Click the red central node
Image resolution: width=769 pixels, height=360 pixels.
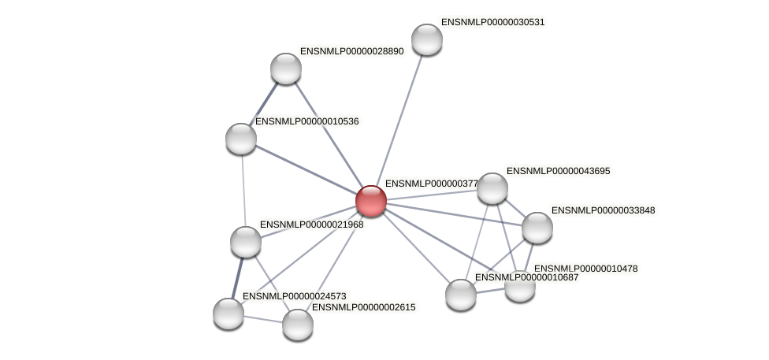pos(370,200)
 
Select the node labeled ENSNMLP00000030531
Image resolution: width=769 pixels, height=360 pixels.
pos(427,39)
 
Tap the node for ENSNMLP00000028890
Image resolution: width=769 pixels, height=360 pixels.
pos(286,69)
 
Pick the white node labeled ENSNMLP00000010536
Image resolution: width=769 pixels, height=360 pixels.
pos(241,139)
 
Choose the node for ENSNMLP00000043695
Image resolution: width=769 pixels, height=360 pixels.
pos(492,188)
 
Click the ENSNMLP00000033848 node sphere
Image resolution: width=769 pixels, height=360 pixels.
pos(537,228)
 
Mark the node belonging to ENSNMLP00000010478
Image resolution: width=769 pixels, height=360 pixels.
pos(520,286)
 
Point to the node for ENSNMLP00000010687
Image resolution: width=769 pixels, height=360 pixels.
pos(461,295)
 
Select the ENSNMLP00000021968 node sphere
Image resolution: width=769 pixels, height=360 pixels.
pos(246,241)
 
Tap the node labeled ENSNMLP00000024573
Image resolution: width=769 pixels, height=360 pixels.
pos(228,313)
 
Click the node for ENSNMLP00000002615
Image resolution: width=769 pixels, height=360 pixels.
pos(298,324)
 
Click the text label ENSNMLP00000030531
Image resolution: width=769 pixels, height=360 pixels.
pos(492,22)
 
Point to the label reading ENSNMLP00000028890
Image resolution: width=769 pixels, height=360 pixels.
pos(351,51)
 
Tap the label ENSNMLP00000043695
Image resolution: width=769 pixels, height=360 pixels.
pos(558,171)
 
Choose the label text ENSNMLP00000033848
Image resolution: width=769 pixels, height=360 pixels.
pos(603,210)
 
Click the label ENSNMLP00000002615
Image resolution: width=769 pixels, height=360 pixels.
pos(364,307)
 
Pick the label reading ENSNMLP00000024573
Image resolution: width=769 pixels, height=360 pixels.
pos(294,296)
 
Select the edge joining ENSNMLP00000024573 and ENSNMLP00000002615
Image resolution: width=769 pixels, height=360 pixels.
pos(263,318)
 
